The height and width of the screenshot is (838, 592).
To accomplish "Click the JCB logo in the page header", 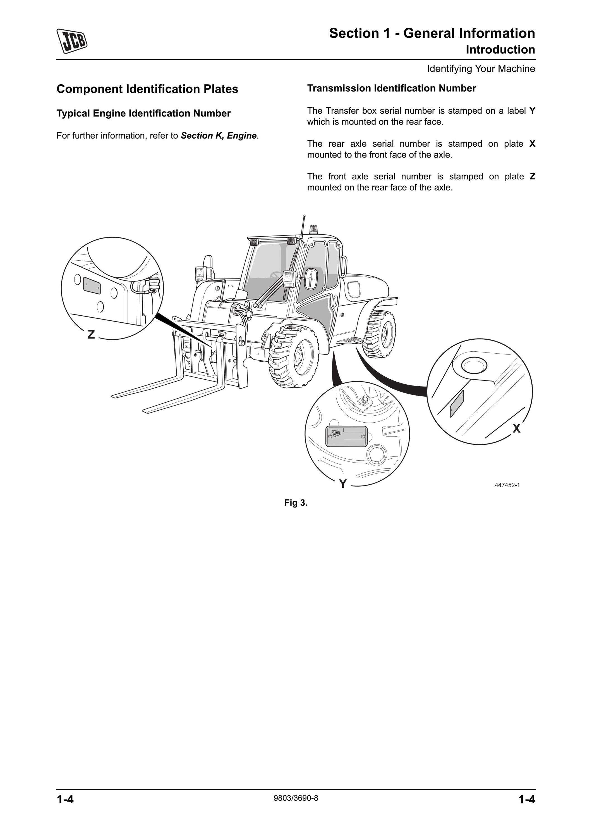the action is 72,41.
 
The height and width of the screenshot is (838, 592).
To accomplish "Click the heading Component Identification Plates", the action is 147,89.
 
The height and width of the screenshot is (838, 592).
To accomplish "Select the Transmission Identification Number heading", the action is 391,88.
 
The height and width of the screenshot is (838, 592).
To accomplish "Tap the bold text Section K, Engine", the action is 219,136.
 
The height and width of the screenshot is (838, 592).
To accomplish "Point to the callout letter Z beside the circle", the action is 91,334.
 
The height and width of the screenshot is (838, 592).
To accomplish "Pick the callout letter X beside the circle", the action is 516,428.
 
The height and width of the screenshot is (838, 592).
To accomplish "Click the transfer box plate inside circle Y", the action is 346,436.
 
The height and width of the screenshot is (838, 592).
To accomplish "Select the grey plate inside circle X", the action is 457,403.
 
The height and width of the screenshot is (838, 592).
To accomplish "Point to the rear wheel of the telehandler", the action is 382,334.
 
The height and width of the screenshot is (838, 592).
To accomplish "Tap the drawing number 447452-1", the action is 507,485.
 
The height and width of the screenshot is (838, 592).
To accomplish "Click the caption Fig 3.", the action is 296,503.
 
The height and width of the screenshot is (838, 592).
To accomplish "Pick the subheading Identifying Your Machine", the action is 481,69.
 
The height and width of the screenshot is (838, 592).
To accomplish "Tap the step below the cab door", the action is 349,341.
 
